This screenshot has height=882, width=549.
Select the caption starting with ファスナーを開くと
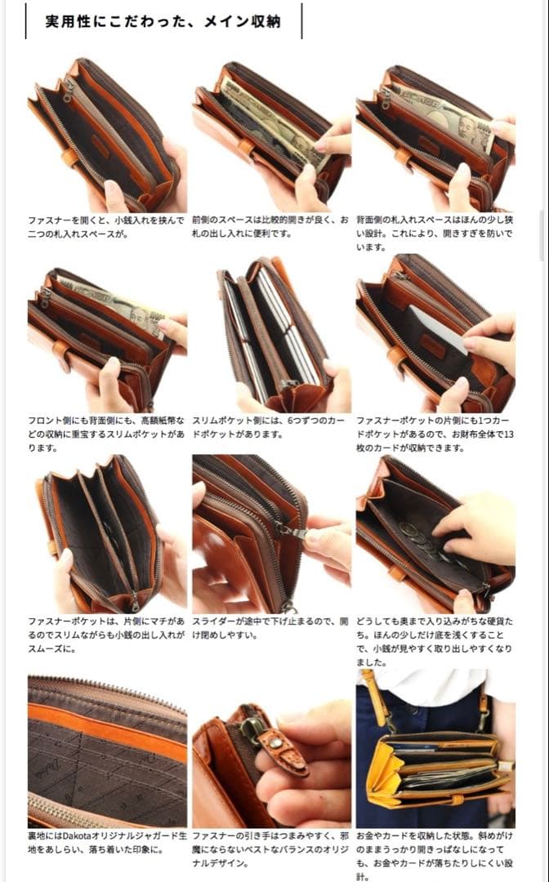tap(106, 228)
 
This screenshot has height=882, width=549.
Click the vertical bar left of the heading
tap(25, 21)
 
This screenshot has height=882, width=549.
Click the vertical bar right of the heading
tap(301, 21)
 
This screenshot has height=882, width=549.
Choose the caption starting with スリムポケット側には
tap(270, 428)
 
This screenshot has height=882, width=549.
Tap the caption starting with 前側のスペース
tap(270, 228)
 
